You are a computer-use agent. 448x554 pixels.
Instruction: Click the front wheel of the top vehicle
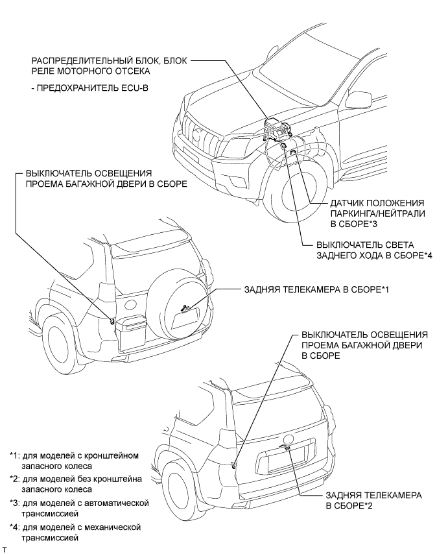[x=298, y=195]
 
